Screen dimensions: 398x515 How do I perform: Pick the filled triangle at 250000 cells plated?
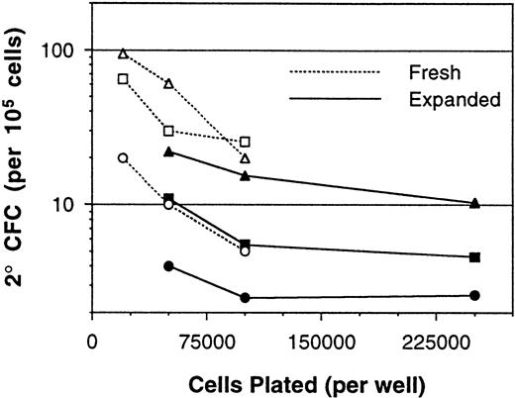475,203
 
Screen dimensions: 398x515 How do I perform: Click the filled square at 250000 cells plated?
475,257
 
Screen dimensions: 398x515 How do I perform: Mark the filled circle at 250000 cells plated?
475,295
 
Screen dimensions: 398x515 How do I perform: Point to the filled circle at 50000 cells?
168,265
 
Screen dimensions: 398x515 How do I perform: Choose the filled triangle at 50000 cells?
168,150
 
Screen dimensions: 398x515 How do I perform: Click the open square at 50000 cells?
168,131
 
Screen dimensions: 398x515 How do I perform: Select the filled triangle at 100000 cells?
245,175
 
